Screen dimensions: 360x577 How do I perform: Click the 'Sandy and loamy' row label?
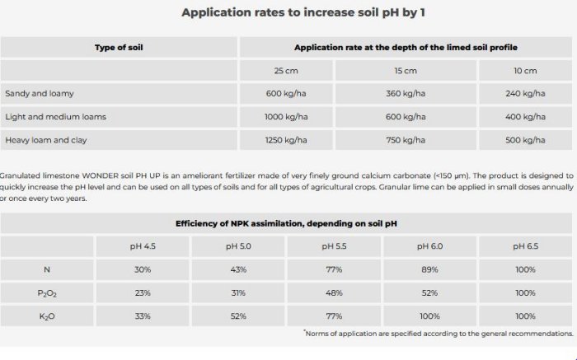[x=40, y=94]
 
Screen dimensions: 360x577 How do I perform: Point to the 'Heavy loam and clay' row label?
[x=46, y=140]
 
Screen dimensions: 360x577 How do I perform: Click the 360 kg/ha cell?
[x=406, y=94]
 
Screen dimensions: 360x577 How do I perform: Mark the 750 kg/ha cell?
[x=406, y=140]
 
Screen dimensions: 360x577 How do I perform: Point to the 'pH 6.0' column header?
[x=429, y=246]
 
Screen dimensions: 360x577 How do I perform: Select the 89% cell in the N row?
[x=429, y=269]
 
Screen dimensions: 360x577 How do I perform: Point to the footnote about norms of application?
[x=439, y=334]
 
